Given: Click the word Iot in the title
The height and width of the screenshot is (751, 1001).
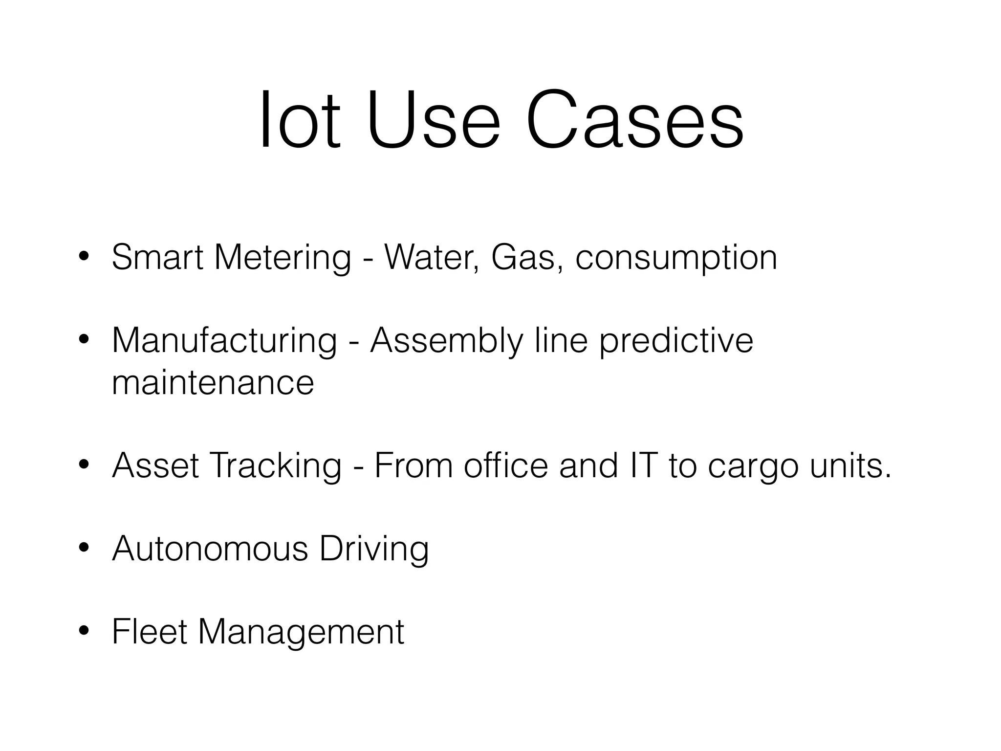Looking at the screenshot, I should coord(299,120).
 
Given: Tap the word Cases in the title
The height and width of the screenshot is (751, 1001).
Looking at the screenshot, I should coord(634,120).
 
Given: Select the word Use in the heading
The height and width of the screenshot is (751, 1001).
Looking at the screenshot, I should coord(434,120).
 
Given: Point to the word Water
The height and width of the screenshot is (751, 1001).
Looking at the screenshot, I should coord(431,257).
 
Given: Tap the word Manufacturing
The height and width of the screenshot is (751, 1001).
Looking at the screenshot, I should coord(224,341).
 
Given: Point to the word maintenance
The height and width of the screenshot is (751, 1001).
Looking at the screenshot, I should coord(213,382).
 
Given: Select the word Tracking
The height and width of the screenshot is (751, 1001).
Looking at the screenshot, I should coord(276,466).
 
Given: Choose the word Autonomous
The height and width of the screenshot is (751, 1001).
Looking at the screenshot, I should coord(210,549).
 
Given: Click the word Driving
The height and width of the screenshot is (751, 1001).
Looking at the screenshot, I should coord(374,550).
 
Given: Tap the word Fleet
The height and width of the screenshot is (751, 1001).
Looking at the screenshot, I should coord(150,632).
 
